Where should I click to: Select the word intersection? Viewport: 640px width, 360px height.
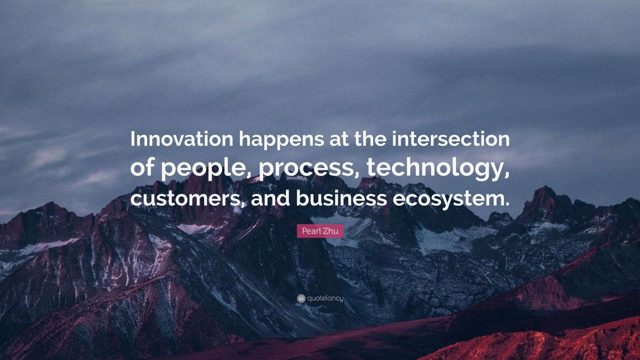pyautogui.click(x=450, y=139)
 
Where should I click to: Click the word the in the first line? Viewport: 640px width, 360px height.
pyautogui.click(x=370, y=139)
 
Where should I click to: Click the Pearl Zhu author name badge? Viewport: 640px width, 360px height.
pyautogui.click(x=320, y=231)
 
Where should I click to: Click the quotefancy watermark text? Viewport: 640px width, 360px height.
pyautogui.click(x=325, y=298)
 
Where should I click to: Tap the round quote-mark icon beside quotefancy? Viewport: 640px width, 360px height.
pyautogui.click(x=301, y=299)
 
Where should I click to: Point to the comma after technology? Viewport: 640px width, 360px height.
pyautogui.click(x=506, y=176)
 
